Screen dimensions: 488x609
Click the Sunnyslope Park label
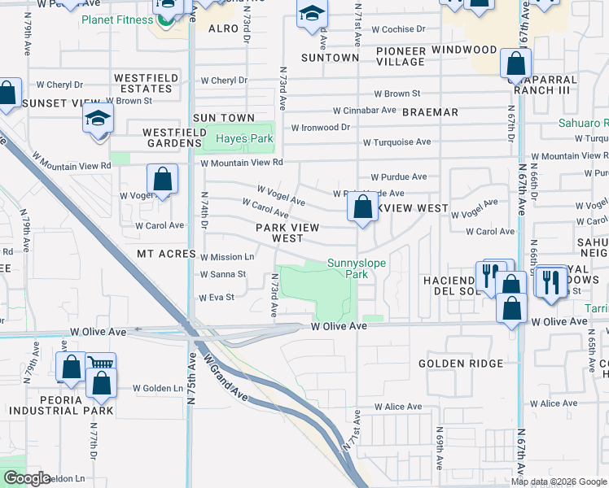357,268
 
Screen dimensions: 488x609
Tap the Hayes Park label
244,139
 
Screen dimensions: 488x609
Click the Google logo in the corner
26,478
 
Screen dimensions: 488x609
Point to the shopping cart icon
101,365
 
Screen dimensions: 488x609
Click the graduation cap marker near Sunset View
98,120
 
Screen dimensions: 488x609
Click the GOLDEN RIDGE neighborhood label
461,364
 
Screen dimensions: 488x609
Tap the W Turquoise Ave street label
397,142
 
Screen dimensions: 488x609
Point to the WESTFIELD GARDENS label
172,137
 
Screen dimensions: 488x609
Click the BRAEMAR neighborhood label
431,112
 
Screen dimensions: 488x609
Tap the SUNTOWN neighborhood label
330,58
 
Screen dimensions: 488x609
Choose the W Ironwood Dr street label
321,127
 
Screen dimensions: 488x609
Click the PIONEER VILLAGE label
401,56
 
